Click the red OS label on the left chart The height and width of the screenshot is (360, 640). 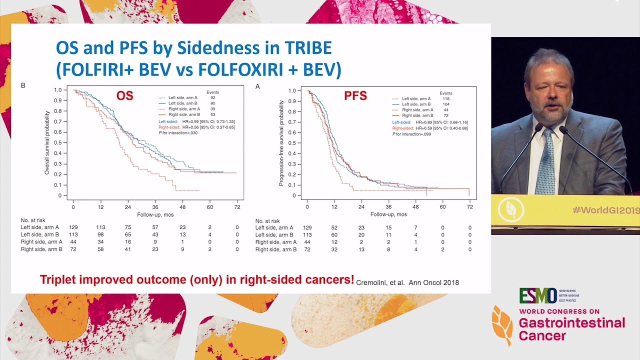click(124, 95)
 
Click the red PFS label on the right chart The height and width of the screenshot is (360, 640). click(355, 95)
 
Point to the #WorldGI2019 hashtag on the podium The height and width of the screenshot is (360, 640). click(605, 210)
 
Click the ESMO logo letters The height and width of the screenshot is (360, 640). click(537, 295)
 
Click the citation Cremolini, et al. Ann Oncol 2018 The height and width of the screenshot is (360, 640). click(407, 282)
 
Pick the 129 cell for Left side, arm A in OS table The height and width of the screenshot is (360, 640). click(73, 227)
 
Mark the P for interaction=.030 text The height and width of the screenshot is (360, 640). click(177, 133)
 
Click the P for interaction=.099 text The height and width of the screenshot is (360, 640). click(411, 134)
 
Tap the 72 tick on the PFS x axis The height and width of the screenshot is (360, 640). click(469, 207)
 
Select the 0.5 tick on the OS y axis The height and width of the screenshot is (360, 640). click(58, 142)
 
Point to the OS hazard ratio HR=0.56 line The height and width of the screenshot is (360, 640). click(196, 127)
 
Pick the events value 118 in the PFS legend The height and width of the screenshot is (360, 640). click(446, 99)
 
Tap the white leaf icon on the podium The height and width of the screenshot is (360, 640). click(510, 210)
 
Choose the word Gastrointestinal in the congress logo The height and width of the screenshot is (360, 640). click(571, 322)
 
